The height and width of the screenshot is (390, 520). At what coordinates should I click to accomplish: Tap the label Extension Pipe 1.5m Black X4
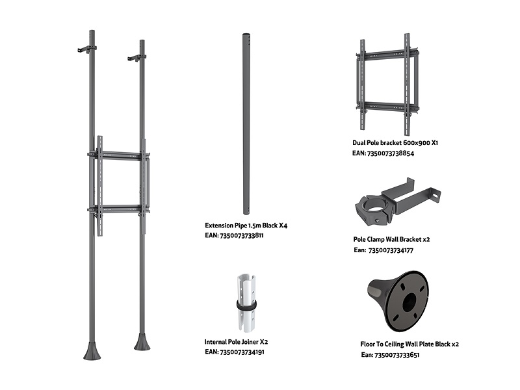246,226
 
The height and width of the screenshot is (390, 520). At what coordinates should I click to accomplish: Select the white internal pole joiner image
246,303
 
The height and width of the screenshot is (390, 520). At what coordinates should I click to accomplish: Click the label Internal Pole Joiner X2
236,342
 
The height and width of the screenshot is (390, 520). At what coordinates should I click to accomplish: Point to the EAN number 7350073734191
242,352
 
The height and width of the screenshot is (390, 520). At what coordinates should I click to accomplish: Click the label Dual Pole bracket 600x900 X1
395,143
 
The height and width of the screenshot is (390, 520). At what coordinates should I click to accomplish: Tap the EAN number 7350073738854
391,153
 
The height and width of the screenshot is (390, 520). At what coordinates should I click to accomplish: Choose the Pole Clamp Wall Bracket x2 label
392,239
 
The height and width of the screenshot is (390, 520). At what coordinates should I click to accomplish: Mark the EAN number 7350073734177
391,250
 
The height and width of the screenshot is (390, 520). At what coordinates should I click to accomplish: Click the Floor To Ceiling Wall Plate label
409,344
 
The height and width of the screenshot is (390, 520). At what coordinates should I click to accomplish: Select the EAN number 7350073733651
397,355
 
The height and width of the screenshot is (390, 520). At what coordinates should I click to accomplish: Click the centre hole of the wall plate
409,302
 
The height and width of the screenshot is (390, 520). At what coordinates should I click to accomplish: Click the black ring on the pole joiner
246,305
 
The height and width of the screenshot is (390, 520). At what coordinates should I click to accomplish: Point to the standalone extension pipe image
246,124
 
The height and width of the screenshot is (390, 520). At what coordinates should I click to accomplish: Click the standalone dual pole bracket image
387,84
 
